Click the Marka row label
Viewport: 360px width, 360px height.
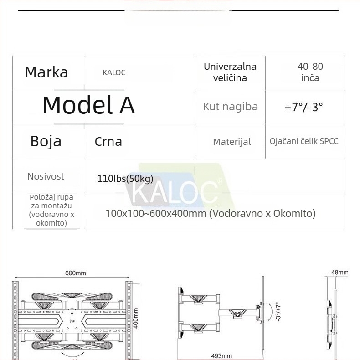coord(46,72)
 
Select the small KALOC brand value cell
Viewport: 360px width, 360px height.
coord(114,72)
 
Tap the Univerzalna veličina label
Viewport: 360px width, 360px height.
coord(230,72)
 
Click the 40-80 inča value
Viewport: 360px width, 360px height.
coord(310,72)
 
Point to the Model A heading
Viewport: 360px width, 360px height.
coord(88,105)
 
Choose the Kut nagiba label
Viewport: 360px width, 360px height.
coord(231,107)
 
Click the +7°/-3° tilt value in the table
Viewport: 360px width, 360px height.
coord(304,107)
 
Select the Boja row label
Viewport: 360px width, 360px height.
coord(46,141)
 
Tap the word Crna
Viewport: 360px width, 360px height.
coord(108,142)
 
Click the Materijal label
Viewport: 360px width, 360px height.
coord(232,142)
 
